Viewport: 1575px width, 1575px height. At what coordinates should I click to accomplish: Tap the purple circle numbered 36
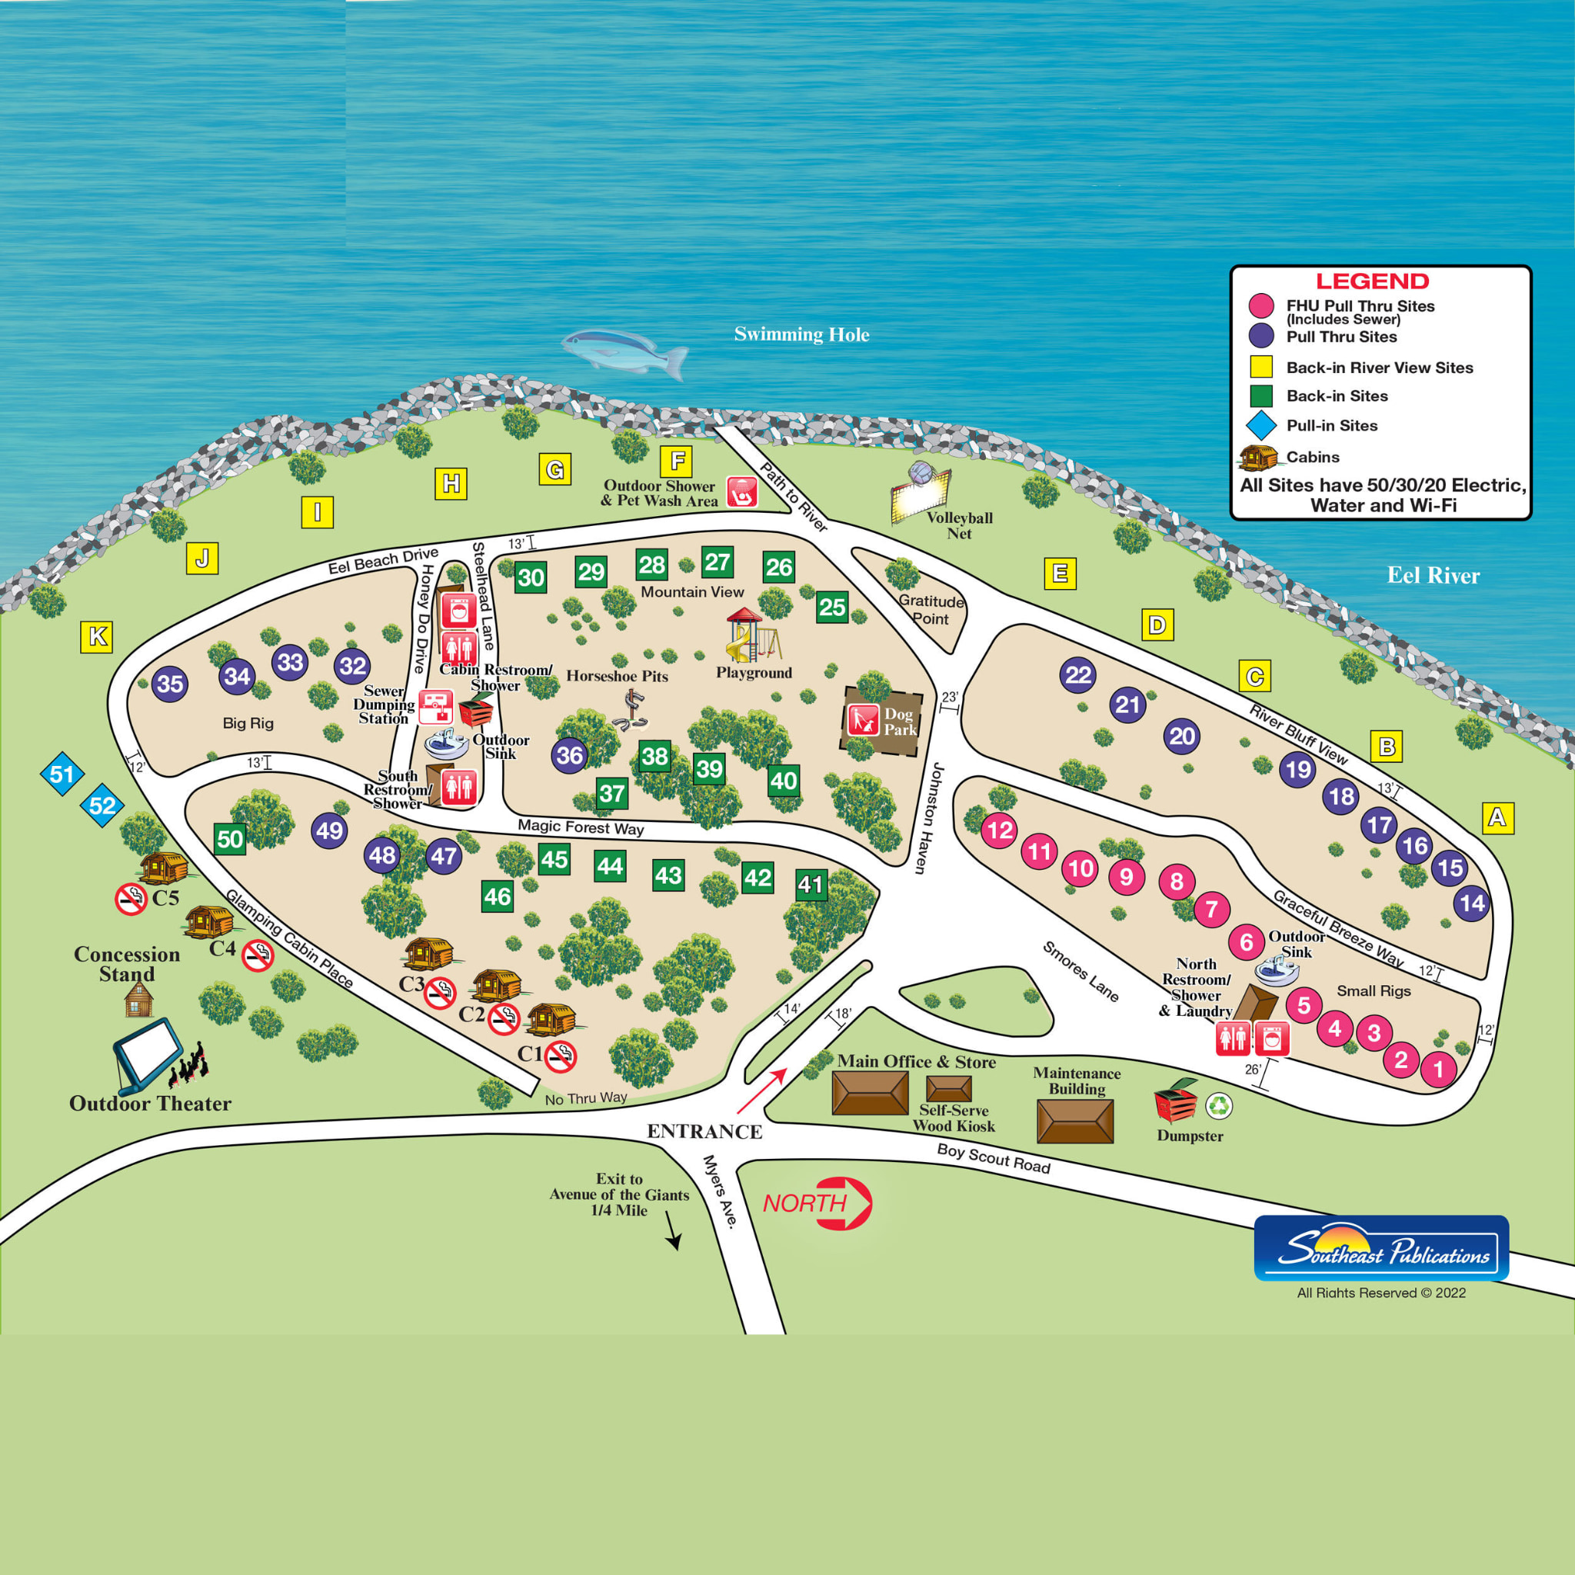(569, 756)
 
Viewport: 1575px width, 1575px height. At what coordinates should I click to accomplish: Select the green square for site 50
(230, 839)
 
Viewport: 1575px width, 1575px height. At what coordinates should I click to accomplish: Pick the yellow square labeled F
(677, 461)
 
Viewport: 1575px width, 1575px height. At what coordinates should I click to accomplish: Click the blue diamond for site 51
(62, 774)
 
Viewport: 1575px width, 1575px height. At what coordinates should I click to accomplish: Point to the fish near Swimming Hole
(624, 351)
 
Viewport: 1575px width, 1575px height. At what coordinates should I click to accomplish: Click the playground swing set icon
(751, 636)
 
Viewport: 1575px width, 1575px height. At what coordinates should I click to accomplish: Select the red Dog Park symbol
(863, 720)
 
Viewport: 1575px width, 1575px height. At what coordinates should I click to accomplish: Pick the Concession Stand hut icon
(138, 999)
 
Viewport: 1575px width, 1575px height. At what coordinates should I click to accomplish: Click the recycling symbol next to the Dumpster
(1219, 1105)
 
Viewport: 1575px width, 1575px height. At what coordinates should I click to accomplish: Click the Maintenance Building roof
(1074, 1121)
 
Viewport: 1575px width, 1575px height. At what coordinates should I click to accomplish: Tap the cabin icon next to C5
(163, 867)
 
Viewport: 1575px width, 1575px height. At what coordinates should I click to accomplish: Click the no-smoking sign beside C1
(561, 1057)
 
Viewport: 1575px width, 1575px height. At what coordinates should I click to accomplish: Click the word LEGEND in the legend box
(1372, 281)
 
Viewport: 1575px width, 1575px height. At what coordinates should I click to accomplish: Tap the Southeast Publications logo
(1381, 1247)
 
